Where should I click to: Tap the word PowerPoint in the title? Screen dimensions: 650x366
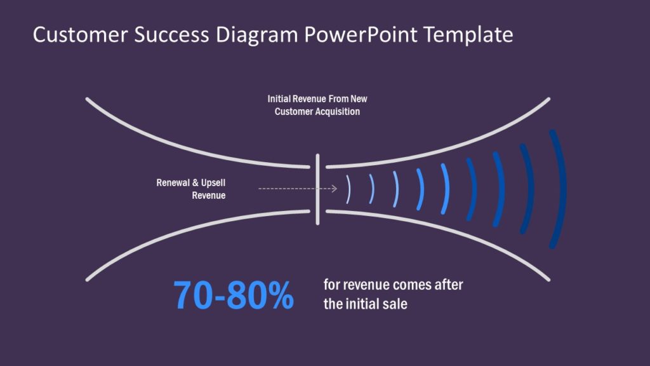(361, 34)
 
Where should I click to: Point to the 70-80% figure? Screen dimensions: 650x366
(234, 295)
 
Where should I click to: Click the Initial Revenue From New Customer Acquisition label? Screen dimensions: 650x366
(317, 105)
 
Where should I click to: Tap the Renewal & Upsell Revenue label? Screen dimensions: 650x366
(191, 189)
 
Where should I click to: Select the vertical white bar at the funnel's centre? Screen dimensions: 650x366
(317, 189)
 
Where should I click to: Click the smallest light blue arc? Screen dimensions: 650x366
(349, 189)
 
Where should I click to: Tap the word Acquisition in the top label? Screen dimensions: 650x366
(338, 112)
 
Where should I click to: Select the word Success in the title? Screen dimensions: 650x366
(171, 34)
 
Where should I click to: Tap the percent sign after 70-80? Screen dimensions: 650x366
(281, 295)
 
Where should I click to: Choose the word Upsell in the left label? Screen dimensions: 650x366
(213, 183)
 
